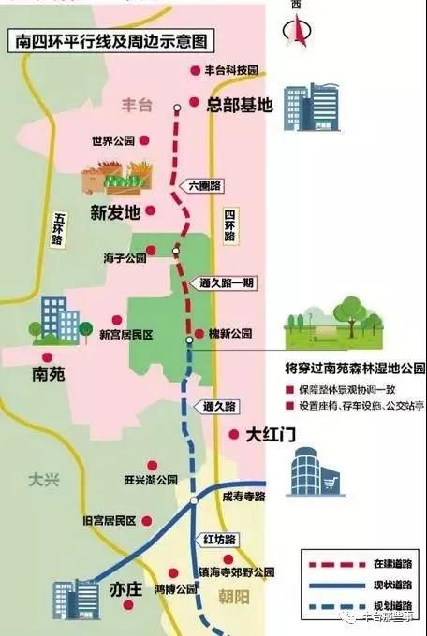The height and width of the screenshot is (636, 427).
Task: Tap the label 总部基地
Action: (240, 105)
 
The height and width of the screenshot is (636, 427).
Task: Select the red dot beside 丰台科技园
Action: (196, 69)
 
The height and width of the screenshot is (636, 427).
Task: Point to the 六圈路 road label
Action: (204, 186)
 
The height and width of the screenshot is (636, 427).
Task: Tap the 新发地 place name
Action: (115, 211)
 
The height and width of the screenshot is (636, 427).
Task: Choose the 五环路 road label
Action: (58, 228)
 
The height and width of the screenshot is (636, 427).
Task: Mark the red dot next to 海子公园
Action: (156, 258)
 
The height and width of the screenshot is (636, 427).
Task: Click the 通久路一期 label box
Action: (227, 282)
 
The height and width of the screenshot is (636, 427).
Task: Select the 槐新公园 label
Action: (230, 333)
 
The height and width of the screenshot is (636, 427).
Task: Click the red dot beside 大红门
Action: (232, 434)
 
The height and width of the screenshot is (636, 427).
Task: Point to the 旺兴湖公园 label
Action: (150, 480)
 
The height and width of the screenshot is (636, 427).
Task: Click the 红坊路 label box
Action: (218, 540)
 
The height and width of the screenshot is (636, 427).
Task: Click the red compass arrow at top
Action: (297, 31)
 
